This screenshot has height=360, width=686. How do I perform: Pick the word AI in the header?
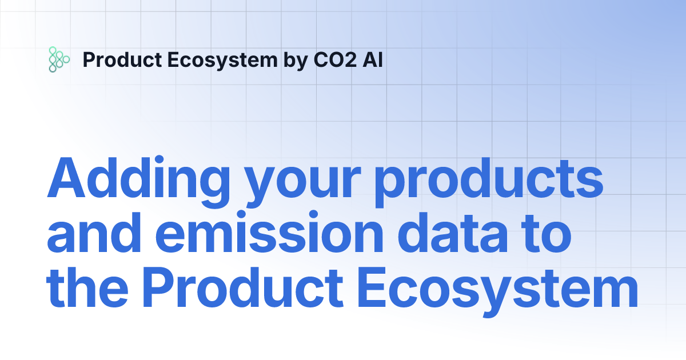(x=372, y=59)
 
